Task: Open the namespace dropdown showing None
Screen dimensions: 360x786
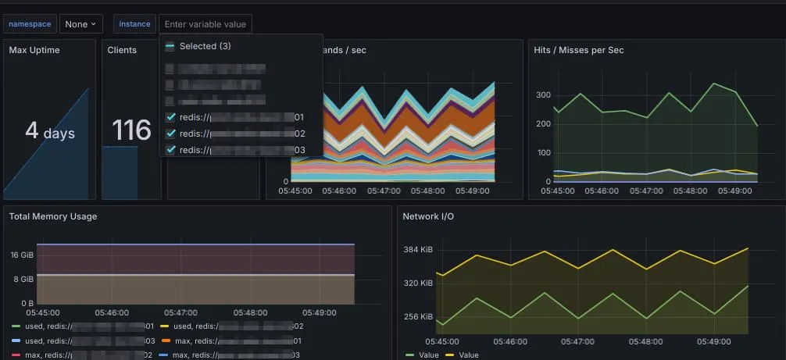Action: [81, 24]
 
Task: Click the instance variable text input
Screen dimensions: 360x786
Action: [205, 24]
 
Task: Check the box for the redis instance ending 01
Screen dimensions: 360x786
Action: [171, 117]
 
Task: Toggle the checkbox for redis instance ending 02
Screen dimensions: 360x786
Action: [171, 134]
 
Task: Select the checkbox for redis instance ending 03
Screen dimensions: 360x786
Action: [171, 150]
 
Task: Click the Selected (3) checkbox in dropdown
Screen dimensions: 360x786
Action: [170, 46]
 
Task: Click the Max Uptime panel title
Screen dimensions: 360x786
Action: [34, 50]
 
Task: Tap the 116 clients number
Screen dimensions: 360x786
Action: [130, 130]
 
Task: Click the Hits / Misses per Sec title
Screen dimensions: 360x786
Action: [578, 50]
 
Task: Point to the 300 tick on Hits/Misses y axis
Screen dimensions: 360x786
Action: [543, 94]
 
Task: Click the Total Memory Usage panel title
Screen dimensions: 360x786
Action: [53, 216]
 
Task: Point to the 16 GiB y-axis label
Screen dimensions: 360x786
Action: [21, 255]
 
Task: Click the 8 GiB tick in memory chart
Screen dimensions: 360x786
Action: [23, 279]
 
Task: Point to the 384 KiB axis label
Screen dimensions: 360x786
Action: [417, 250]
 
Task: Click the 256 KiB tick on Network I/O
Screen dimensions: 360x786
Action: [417, 317]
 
